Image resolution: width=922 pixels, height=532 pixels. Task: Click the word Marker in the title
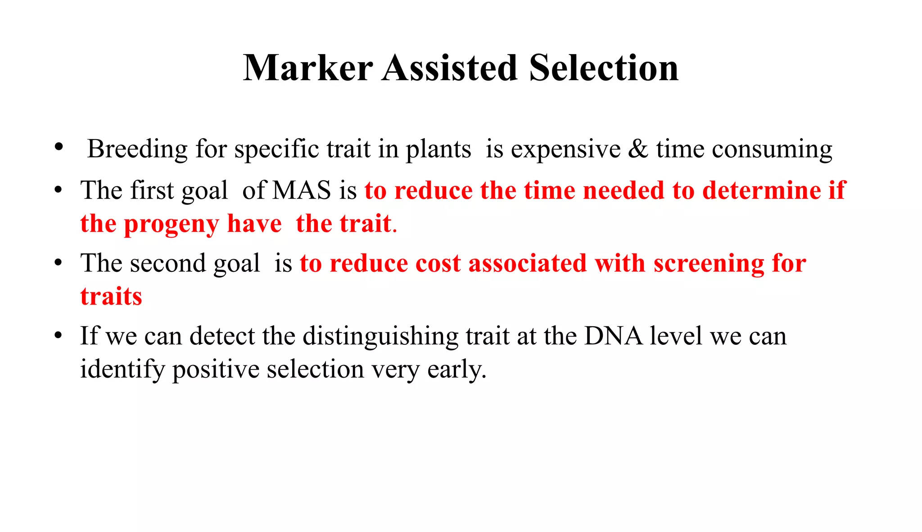308,68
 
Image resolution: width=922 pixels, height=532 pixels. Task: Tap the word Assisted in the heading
450,68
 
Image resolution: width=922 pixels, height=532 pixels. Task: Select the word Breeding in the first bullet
137,149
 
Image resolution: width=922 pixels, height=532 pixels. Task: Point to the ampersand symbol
638,149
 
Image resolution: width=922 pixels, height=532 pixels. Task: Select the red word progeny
172,224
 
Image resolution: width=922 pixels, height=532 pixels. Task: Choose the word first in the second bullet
152,190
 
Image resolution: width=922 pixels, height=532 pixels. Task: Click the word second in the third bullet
167,263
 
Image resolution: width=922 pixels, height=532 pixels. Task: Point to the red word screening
709,264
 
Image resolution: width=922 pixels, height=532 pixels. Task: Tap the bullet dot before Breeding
58,147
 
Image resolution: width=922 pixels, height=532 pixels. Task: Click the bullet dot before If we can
58,336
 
